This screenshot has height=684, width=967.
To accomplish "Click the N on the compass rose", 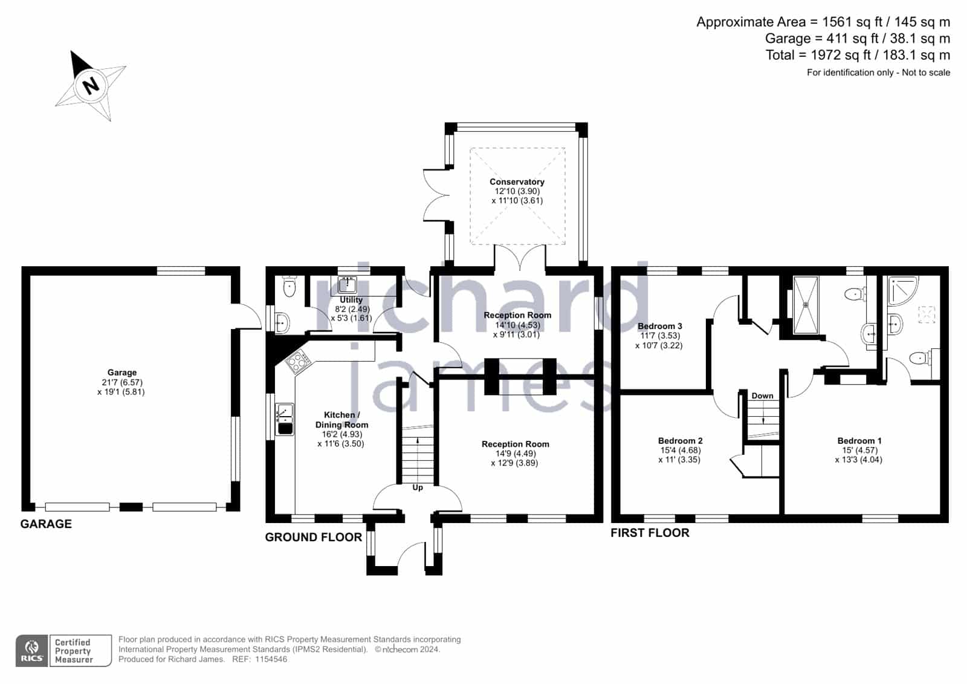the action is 91,85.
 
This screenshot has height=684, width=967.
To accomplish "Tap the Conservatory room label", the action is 517,182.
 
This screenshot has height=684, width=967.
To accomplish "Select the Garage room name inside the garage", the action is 121,373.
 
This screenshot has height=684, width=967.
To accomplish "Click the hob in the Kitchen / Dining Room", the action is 297,362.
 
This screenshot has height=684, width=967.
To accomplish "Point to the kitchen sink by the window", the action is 285,419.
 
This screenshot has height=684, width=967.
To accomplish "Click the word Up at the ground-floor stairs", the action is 418,487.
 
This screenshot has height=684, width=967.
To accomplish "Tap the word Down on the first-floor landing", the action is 762,396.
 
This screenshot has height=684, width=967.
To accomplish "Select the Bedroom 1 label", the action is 859,441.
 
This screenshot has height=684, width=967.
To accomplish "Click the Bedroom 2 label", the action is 680,441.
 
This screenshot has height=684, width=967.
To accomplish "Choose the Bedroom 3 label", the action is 659,326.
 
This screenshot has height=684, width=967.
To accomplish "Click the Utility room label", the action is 351,300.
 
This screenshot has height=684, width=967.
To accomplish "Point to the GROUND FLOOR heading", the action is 314,537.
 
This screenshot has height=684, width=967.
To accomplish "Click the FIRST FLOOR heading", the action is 650,533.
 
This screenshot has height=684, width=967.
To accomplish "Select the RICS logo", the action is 32,651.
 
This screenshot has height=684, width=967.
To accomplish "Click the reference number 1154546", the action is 271,659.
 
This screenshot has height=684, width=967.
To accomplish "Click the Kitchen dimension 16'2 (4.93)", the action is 342,434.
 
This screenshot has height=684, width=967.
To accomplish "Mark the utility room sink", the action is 347,285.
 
